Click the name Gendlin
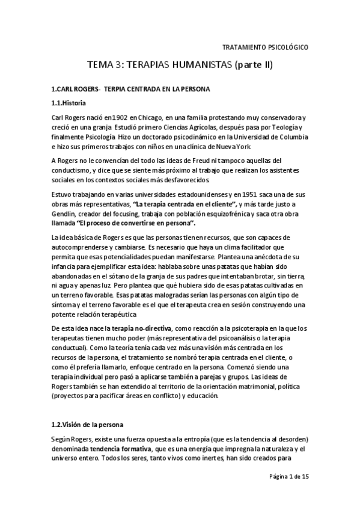[x=65, y=215]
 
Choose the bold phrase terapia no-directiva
[x=142, y=328]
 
